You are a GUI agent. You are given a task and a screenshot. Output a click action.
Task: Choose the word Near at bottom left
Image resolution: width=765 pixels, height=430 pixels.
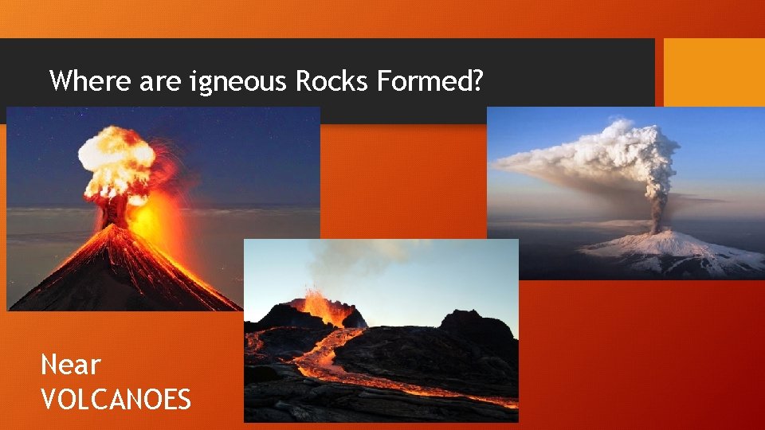[x=70, y=365]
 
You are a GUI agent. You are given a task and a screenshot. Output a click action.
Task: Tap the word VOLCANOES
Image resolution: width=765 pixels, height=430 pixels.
[x=116, y=398]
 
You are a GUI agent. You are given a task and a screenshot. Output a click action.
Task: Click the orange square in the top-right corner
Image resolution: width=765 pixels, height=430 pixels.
[x=714, y=72]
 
